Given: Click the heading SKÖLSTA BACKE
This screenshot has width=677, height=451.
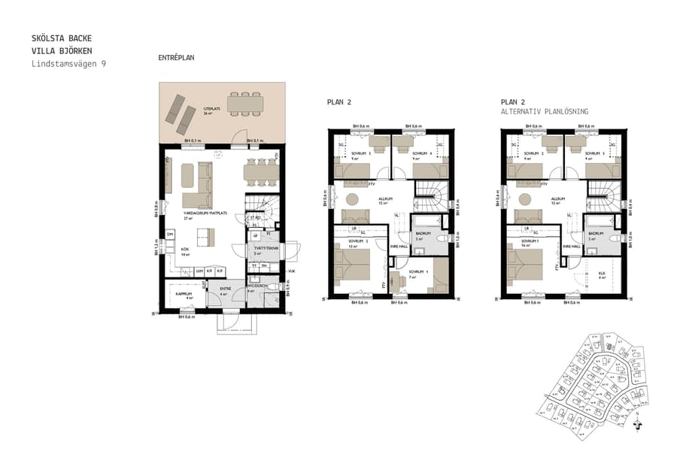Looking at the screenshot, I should tap(62, 37).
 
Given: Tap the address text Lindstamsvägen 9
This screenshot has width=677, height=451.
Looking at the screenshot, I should tap(68, 64).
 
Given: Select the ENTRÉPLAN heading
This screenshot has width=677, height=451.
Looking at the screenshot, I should tap(177, 58).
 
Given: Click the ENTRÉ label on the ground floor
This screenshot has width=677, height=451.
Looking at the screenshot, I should tap(224, 288).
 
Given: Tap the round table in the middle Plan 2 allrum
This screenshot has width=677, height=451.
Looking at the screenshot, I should tap(351, 200).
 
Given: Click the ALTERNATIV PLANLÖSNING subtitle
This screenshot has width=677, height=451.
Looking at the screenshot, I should tap(545, 111).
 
